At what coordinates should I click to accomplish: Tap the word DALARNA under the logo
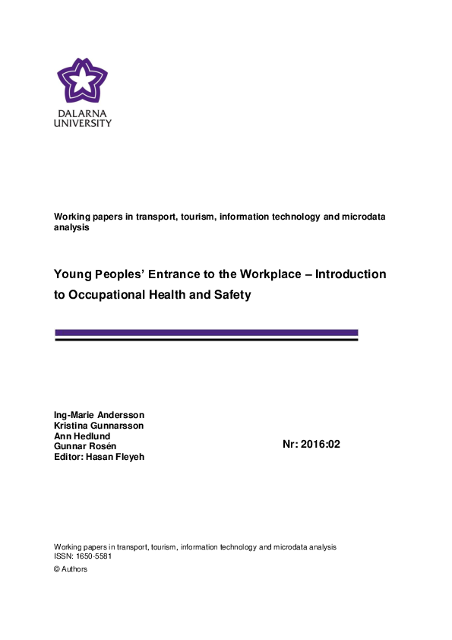[82, 113]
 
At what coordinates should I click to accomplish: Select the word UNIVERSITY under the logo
[82, 123]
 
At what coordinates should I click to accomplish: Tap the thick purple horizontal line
[206, 332]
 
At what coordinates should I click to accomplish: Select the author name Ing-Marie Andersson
[99, 415]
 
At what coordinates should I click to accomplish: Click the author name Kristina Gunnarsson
[98, 426]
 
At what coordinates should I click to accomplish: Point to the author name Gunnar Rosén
[85, 446]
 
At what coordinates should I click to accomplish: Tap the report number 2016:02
[320, 445]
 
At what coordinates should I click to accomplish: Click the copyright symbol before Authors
[57, 569]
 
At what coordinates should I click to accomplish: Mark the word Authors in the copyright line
[74, 569]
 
